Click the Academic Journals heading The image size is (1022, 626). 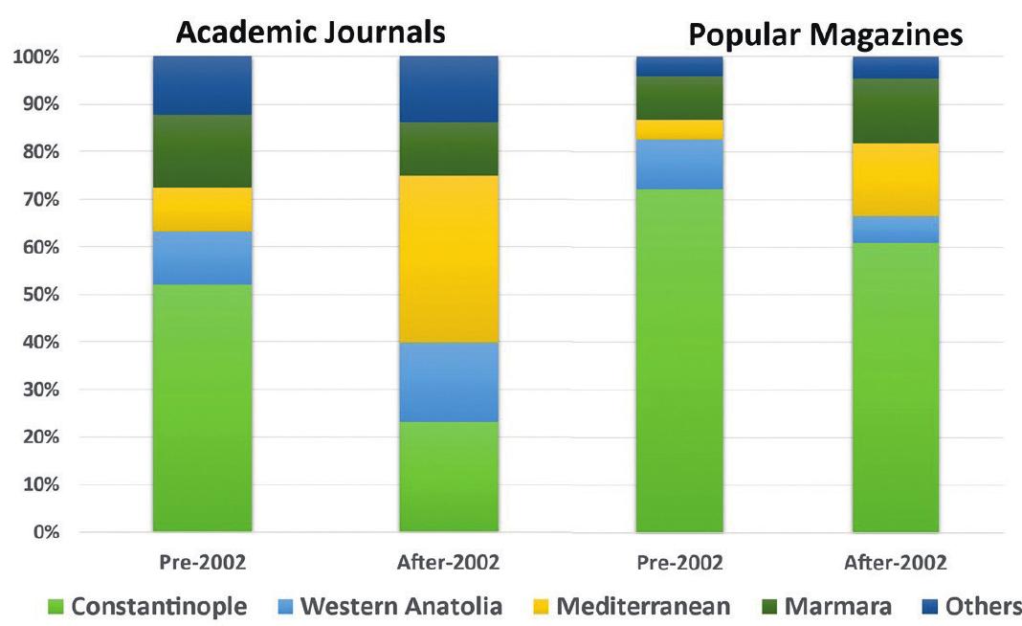click(x=310, y=32)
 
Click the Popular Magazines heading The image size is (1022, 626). click(x=825, y=35)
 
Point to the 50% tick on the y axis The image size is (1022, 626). click(x=37, y=294)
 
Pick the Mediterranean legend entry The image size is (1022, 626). click(x=631, y=606)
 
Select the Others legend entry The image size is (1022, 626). click(x=968, y=606)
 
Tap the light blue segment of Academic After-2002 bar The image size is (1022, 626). click(x=449, y=381)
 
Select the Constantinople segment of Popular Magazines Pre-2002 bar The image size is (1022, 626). click(x=678, y=360)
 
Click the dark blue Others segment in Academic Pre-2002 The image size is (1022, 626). click(x=202, y=85)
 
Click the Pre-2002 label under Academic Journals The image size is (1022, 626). click(x=202, y=563)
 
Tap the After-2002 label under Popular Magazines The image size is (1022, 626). click(x=896, y=563)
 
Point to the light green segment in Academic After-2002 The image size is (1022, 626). click(x=449, y=476)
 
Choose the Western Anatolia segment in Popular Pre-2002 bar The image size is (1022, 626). click(x=678, y=164)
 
